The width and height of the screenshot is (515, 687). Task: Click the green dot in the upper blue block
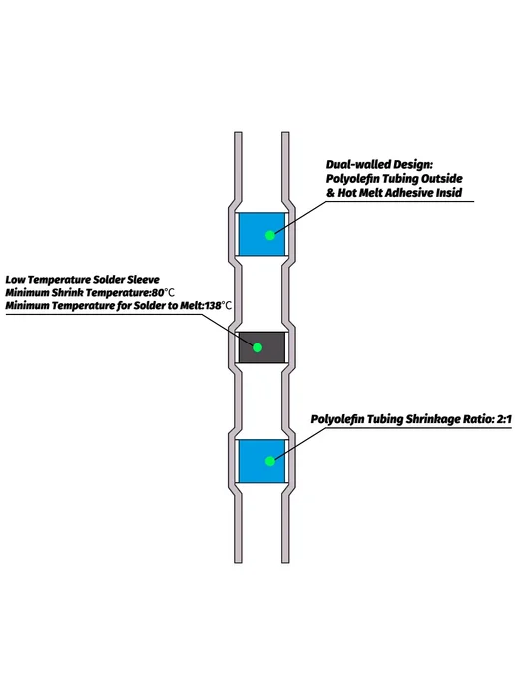coord(270,235)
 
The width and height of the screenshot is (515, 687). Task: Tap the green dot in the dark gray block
coord(257,347)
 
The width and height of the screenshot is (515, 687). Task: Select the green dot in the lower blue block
coord(270,461)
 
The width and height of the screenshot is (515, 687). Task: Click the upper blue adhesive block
coord(261,234)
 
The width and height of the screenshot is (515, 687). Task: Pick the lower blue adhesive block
coord(261,461)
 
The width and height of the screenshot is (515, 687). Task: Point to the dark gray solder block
coord(261,347)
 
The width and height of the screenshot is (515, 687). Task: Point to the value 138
coord(213,305)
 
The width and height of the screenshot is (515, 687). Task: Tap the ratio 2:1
coord(504,419)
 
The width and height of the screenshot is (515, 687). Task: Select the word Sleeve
coord(144,280)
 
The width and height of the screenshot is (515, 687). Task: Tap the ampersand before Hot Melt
coord(330,193)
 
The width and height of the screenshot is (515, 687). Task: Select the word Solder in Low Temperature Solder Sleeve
coord(110,280)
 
